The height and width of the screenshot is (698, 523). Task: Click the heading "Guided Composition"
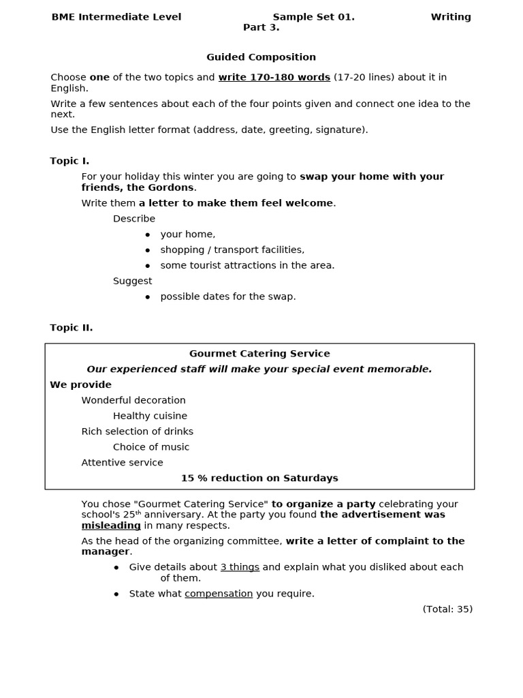[x=261, y=57]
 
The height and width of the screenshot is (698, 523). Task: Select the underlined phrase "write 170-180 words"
[x=274, y=78]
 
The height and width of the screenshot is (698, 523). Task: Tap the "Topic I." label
[x=69, y=161]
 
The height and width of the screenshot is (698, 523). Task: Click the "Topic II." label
[x=71, y=328]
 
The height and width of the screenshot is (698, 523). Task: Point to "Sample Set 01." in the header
[x=313, y=17]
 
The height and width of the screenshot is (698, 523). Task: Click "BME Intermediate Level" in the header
[x=116, y=17]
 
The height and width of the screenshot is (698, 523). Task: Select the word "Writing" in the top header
[x=450, y=17]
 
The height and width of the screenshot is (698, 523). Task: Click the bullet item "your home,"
[x=187, y=234]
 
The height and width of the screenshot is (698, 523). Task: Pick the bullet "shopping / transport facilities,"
[x=232, y=250]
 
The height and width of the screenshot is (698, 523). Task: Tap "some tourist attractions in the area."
[x=247, y=266]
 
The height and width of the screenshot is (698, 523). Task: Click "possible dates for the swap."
[x=227, y=297]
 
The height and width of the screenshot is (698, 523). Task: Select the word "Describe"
[x=133, y=219]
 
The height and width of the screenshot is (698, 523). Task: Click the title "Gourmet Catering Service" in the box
[x=259, y=354]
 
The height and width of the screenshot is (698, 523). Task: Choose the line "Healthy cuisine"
[x=150, y=416]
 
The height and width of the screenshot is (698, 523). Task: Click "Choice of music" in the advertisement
[x=151, y=447]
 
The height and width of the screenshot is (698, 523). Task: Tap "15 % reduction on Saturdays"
[x=259, y=479]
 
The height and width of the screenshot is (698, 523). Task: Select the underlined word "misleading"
[x=111, y=526]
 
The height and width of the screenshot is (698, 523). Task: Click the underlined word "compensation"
[x=219, y=594]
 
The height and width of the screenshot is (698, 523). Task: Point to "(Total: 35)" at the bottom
[x=447, y=609]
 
